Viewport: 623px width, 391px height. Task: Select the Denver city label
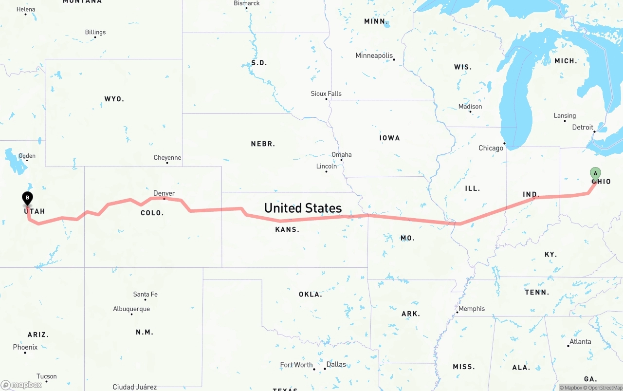coord(164,193)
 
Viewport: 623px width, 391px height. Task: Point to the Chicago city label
coord(491,148)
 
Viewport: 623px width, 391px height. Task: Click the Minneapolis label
coord(374,56)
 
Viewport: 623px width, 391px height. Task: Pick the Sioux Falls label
coord(326,93)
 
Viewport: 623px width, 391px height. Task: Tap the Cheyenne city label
coord(167,158)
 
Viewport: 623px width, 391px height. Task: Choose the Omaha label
coord(341,155)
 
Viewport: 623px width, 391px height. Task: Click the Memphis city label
coord(472,309)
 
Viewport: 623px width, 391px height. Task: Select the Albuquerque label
coord(131,309)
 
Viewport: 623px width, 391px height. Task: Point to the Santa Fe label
coord(145,294)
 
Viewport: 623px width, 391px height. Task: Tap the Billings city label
coord(95,32)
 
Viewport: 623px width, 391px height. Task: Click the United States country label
coord(303,208)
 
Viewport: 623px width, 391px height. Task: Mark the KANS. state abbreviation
coord(287,229)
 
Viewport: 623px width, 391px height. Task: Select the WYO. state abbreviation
coord(114,99)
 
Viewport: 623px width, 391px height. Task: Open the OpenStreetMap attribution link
coord(604,388)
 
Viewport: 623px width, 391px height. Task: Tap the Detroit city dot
coord(594,131)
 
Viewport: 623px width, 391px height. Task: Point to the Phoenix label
coord(25,347)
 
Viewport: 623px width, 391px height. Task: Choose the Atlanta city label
coord(580,342)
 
